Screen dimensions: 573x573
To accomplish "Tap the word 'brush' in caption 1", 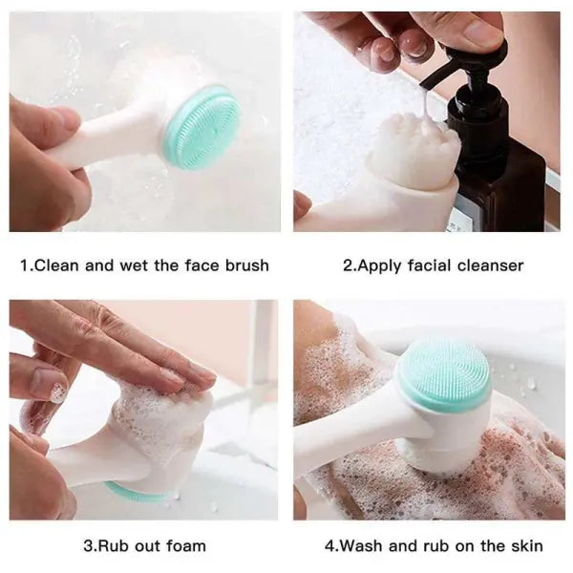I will pos(245,265).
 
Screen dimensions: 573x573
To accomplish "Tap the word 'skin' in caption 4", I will pos(524,546).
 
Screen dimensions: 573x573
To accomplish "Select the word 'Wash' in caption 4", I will pos(361,546).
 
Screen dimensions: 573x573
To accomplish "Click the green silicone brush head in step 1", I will pos(200,126).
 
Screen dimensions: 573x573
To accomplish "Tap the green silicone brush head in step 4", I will pos(443,373).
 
